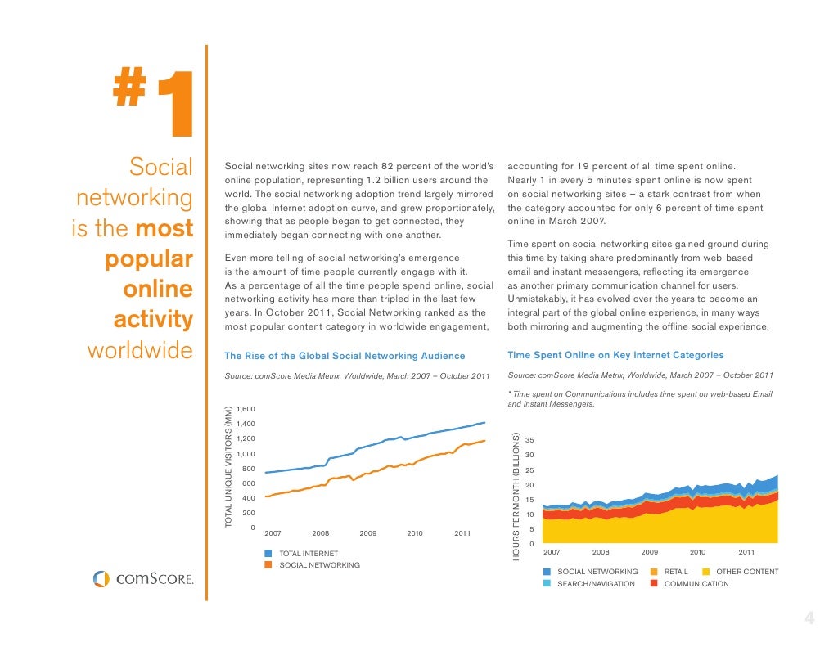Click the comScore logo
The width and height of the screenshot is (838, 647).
point(143,579)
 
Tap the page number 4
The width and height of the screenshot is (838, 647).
point(809,619)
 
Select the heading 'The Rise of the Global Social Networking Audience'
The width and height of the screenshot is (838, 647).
point(345,356)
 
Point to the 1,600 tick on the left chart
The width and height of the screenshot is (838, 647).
point(246,409)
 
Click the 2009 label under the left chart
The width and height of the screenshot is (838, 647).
point(367,533)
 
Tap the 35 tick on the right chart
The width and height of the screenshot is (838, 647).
point(529,440)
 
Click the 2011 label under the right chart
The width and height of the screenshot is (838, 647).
point(746,552)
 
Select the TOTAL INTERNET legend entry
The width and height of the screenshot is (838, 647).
point(308,555)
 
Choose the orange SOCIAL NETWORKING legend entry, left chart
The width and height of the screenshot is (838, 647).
point(319,565)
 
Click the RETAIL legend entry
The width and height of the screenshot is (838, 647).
point(675,572)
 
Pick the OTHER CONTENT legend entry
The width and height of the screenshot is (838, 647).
point(746,572)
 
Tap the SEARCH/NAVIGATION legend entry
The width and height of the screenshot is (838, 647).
point(595,584)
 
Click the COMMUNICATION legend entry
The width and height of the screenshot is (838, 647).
point(696,584)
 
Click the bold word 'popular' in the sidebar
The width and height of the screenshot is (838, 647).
point(148,260)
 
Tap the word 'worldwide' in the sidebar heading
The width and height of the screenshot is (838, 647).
point(139,352)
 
